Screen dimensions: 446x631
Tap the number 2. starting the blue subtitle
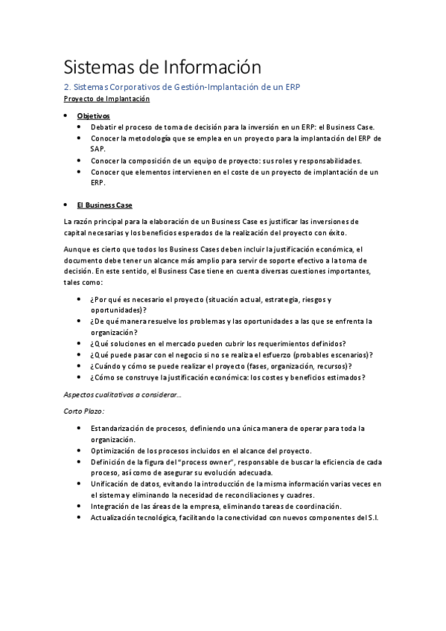pyautogui.click(x=67, y=87)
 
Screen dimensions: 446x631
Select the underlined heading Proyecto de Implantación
pyautogui.click(x=106, y=99)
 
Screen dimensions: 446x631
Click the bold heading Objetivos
pyautogui.click(x=93, y=116)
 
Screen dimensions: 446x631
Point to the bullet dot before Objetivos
pyautogui.click(x=67, y=116)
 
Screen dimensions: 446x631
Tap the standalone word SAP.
pyautogui.click(x=98, y=149)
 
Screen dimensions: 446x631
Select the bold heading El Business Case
pyautogui.click(x=104, y=205)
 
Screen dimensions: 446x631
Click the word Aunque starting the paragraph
pyautogui.click(x=78, y=249)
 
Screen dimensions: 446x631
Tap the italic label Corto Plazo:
pyautogui.click(x=83, y=410)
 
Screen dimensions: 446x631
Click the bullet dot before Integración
pyautogui.click(x=80, y=506)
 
